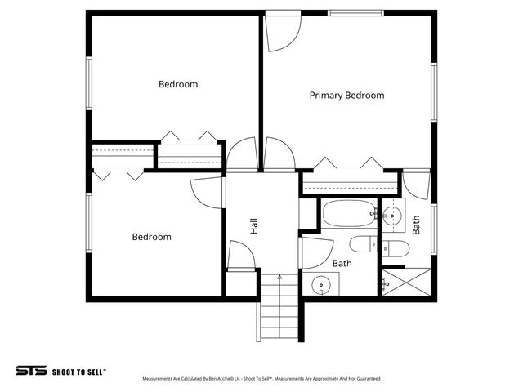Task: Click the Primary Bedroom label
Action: click(346, 96)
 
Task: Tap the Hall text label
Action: click(254, 226)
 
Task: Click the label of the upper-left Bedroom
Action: click(178, 84)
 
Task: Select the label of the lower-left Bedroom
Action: click(152, 237)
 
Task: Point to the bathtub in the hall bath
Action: click(348, 215)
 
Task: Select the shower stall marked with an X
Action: click(406, 283)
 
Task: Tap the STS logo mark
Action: click(31, 370)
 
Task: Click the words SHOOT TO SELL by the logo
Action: click(78, 371)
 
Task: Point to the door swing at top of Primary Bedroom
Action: click(284, 31)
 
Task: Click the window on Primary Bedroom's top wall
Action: click(355, 13)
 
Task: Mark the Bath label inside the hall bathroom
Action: click(342, 264)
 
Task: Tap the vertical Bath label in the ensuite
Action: click(416, 225)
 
